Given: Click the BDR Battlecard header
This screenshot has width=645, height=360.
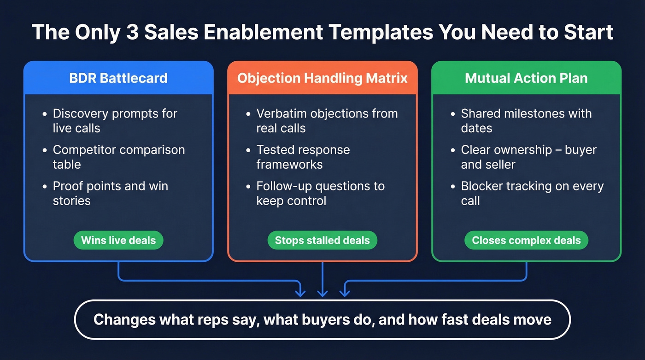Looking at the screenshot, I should tap(118, 78).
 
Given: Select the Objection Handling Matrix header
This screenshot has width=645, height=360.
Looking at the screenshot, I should tap(322, 78).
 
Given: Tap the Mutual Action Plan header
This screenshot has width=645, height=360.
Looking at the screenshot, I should tap(526, 78).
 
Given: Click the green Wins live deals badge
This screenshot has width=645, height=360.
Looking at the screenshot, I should tap(118, 240).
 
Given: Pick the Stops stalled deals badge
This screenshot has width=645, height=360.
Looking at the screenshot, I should tap(322, 240).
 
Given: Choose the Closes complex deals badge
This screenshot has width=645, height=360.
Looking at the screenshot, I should tap(526, 240).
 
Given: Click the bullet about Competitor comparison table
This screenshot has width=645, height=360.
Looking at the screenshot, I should tap(118, 157).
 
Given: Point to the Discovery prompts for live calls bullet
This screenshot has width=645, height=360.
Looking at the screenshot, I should tap(115, 120).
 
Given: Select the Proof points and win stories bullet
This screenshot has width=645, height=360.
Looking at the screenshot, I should tap(110, 193).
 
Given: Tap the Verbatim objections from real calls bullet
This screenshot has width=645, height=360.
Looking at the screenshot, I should tap(327, 120).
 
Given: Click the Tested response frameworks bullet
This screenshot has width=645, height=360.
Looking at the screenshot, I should tap(303, 157).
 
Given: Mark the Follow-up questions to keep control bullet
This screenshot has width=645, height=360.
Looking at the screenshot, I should tap(320, 193).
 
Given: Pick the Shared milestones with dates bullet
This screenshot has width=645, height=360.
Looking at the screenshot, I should tap(526, 120).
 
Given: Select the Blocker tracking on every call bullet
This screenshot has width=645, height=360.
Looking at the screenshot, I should tap(532, 193).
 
